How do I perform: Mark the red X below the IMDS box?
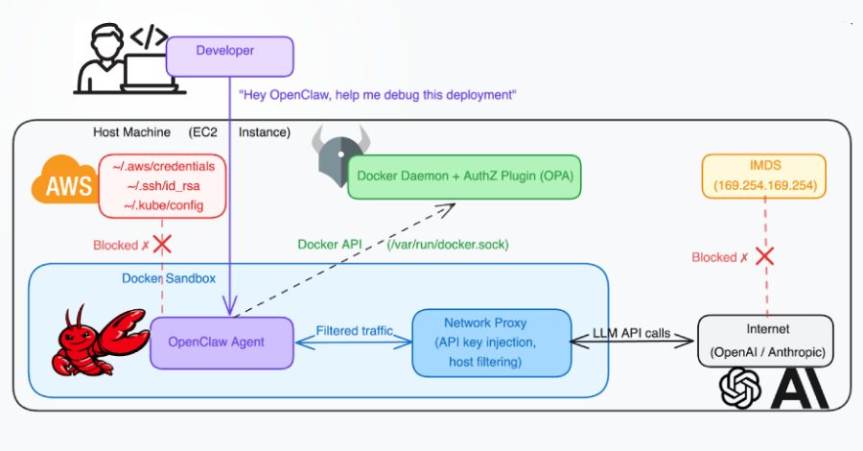tap(764, 257)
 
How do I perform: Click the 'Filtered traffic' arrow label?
tap(355, 330)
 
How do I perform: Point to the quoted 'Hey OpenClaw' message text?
tap(378, 95)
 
